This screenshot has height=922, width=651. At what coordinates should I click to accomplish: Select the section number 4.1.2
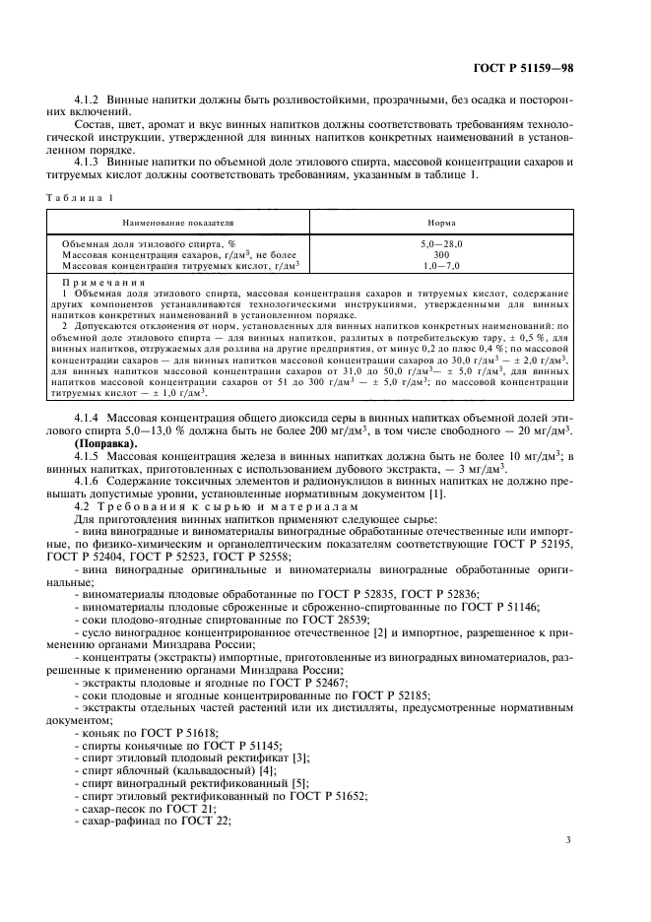click(x=94, y=100)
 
